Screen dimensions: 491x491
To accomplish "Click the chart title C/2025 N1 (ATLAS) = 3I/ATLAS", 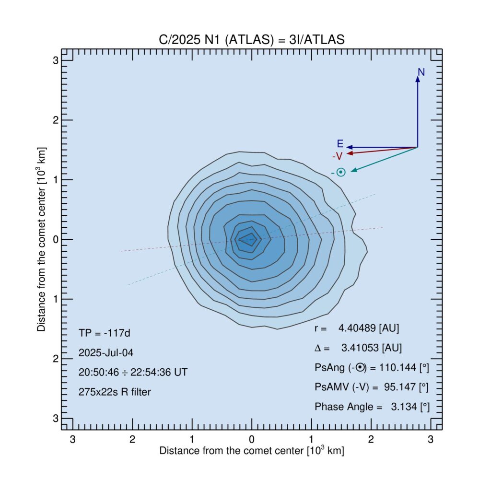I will point(252,40).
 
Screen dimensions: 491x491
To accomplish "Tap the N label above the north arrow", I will point(421,72).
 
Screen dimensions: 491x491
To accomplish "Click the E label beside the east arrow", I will point(340,144).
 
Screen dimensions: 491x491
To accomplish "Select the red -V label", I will point(337,156).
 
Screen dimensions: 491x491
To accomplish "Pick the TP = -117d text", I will point(103,332).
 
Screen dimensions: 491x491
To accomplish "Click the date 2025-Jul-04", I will point(106,352).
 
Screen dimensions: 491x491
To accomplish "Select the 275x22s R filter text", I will point(115,392).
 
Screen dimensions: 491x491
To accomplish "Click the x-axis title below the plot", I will point(252,451).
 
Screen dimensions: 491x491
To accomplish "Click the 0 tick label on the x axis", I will point(252,439).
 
